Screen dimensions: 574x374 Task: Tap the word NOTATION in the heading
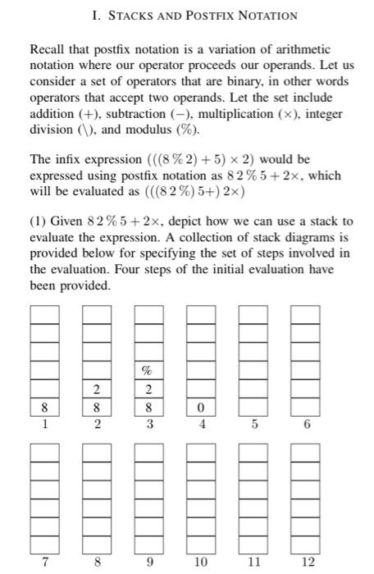click(x=264, y=16)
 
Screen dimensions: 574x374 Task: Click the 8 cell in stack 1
click(x=44, y=406)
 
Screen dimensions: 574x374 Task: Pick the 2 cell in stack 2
click(x=97, y=388)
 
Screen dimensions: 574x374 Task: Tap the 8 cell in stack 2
click(x=97, y=406)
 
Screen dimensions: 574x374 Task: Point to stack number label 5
click(x=253, y=425)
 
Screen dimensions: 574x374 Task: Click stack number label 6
click(x=306, y=425)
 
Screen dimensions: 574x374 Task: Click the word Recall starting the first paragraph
click(x=48, y=51)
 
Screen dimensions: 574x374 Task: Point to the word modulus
click(x=149, y=130)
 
